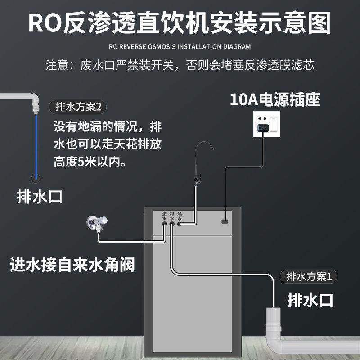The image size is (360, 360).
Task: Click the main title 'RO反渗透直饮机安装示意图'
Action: tap(180, 22)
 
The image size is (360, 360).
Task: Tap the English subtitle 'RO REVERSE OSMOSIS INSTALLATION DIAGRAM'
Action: tap(180, 46)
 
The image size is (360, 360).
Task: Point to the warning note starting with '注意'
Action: tap(180, 65)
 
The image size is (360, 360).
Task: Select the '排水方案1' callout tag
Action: tap(309, 276)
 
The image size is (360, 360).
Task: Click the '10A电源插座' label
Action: tap(275, 99)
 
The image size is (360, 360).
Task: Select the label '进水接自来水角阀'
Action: tap(72, 265)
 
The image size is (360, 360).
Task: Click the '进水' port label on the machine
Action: tap(164, 216)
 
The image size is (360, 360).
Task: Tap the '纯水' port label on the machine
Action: tap(180, 216)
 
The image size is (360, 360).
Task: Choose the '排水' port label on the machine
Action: tap(172, 216)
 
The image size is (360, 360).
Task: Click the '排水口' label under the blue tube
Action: tap(39, 197)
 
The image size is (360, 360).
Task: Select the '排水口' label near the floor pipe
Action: tap(310, 299)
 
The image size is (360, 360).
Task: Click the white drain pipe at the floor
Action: tap(279, 333)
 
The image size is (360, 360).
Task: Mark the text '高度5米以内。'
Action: tap(90, 162)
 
